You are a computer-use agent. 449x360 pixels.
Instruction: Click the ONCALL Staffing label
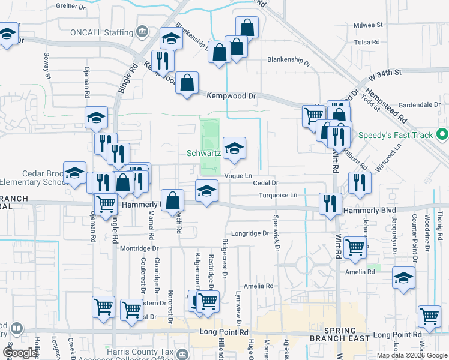(x=100, y=32)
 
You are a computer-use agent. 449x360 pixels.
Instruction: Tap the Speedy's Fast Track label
(x=396, y=135)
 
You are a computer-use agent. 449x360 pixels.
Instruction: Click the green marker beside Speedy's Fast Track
(x=442, y=134)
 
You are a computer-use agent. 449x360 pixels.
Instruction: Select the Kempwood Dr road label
(x=231, y=95)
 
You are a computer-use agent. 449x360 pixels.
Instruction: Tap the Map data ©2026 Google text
(x=411, y=355)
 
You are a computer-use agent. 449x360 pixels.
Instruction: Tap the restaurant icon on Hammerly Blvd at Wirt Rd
(x=330, y=204)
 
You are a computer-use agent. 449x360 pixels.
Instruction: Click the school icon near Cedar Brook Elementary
(x=75, y=173)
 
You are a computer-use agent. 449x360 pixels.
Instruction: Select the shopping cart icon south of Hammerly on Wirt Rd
(x=355, y=247)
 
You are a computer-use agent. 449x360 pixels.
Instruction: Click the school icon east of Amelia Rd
(x=404, y=278)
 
